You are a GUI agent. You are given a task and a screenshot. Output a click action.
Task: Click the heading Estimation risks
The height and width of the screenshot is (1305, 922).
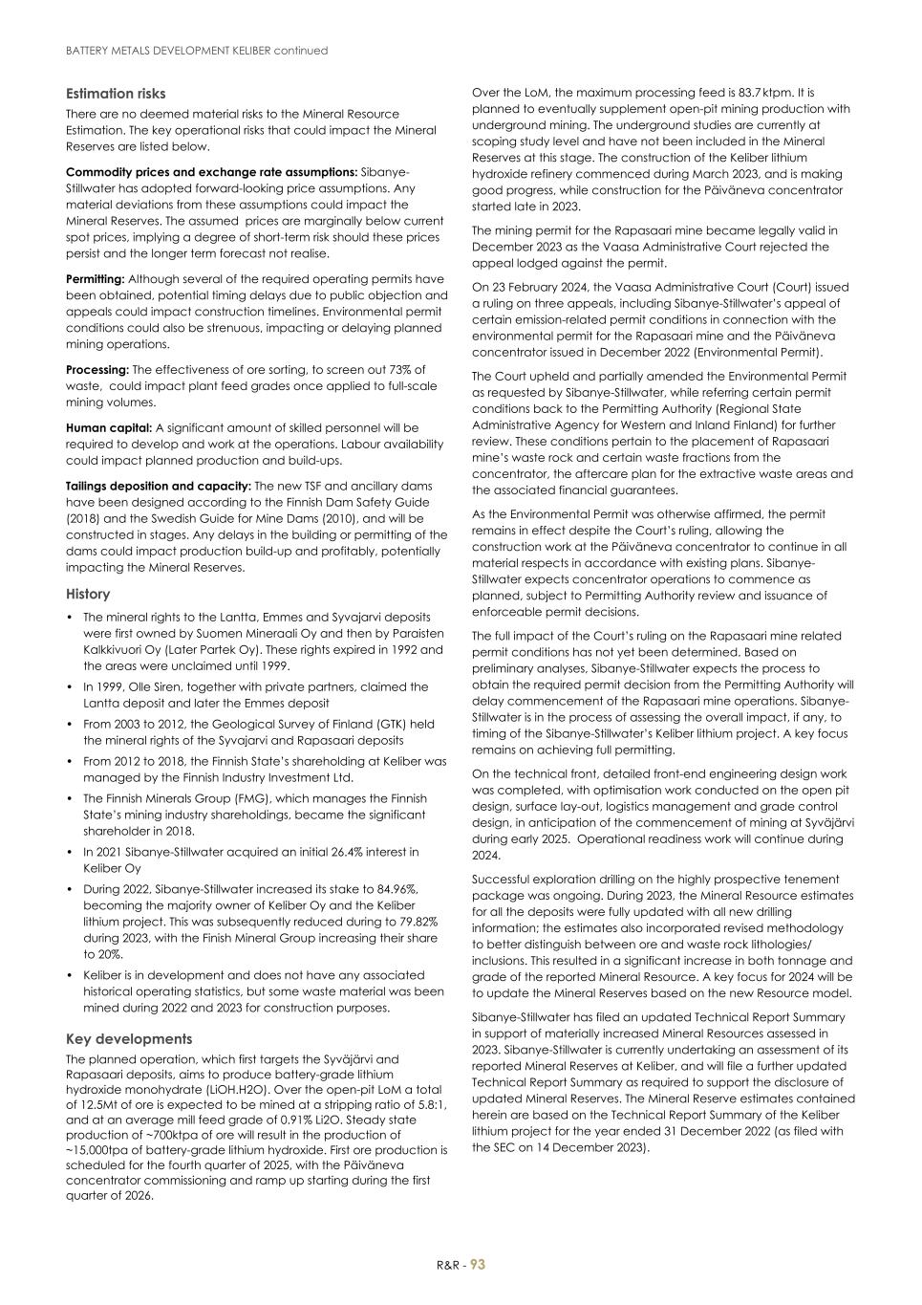[116, 94]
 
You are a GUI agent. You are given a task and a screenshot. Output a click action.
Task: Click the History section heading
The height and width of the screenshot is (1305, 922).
[88, 594]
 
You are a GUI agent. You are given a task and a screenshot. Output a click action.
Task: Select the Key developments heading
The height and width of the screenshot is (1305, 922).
[129, 1038]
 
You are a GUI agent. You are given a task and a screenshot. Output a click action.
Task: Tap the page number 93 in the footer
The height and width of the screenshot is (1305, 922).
[478, 1265]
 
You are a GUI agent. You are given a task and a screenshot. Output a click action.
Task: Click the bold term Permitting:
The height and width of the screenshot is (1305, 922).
[96, 279]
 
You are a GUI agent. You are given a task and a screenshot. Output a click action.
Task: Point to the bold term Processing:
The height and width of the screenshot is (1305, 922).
[97, 370]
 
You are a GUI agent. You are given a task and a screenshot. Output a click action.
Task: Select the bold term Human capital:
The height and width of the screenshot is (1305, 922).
[109, 428]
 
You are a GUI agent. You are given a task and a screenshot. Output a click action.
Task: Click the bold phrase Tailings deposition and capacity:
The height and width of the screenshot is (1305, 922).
[159, 486]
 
